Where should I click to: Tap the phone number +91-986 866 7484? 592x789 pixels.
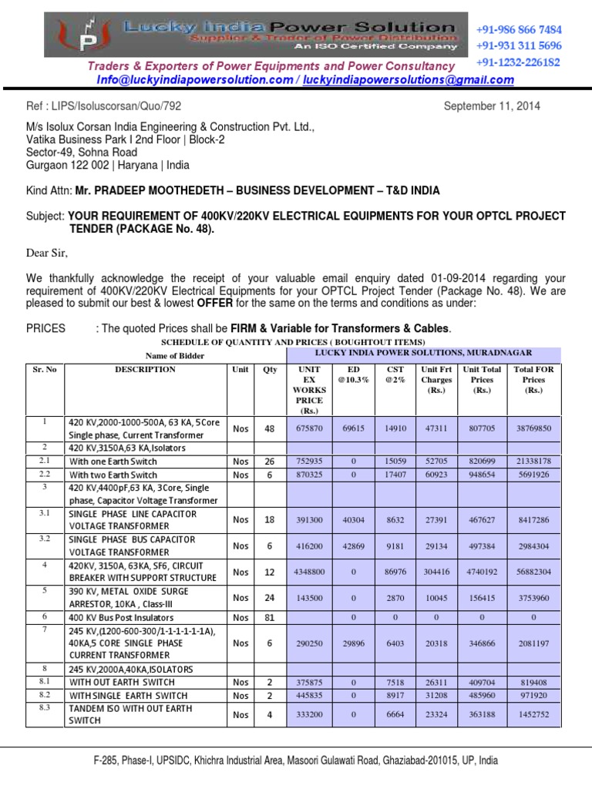point(519,29)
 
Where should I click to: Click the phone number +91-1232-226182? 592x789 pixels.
point(519,62)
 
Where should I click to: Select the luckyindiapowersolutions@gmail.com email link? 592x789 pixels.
point(408,80)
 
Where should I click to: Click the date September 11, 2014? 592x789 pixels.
point(492,106)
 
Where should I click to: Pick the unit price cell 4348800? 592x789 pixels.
point(308,572)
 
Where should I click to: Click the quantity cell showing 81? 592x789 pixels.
point(269,617)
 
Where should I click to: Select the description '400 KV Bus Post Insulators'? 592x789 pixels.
point(121,617)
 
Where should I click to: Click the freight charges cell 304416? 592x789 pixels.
point(436,572)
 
